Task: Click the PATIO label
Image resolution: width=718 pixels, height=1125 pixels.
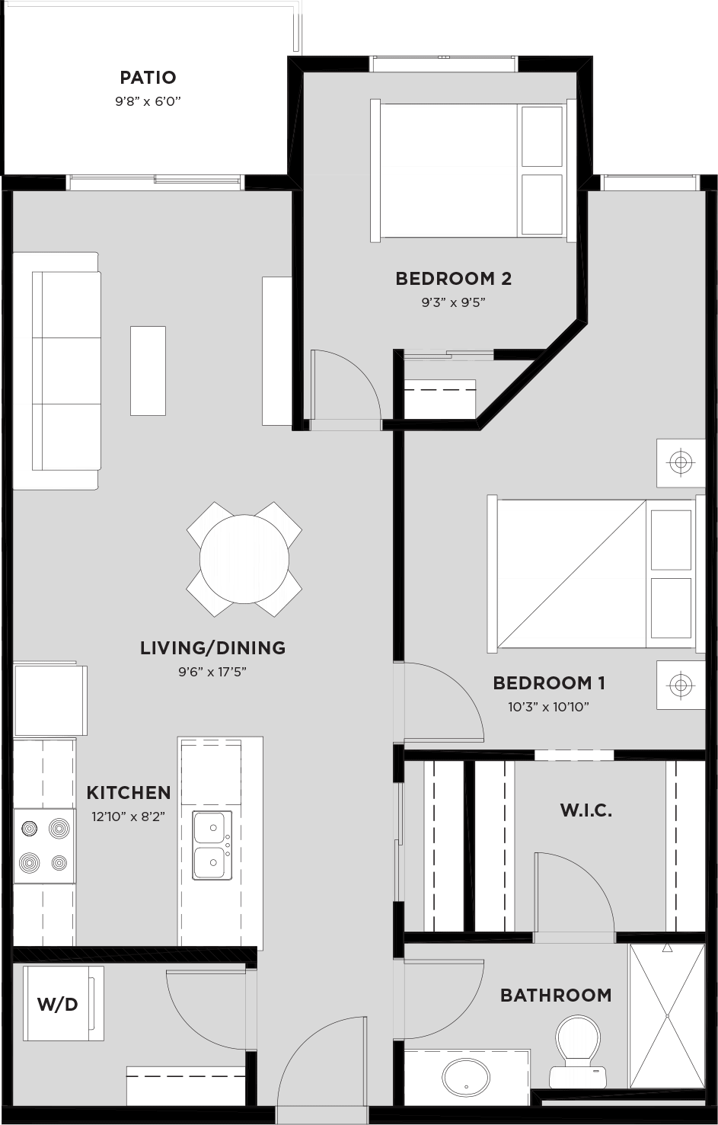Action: click(148, 77)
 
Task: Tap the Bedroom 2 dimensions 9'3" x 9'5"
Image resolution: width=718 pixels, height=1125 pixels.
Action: click(453, 302)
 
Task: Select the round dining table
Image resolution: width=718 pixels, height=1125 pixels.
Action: click(244, 559)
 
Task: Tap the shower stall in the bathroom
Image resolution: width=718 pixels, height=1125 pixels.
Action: click(667, 1015)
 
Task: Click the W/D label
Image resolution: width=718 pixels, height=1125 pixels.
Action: click(58, 1004)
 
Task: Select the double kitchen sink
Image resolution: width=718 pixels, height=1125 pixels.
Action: click(211, 845)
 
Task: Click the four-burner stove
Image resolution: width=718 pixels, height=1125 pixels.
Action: click(44, 845)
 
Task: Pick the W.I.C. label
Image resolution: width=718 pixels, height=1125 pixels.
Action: click(586, 810)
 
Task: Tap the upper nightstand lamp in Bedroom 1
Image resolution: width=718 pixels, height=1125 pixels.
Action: click(681, 462)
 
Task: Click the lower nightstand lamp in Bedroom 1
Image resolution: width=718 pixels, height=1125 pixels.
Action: click(681, 685)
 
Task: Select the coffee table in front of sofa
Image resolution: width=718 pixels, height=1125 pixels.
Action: click(148, 370)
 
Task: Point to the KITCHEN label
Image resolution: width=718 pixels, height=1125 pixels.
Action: click(128, 792)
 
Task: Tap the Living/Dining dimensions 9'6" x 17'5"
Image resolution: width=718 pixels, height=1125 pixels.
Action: click(212, 672)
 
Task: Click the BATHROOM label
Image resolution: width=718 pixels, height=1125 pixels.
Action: click(555, 995)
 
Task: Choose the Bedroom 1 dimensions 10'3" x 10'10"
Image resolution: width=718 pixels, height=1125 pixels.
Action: click(548, 707)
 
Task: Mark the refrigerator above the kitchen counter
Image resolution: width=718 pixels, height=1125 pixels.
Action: click(49, 700)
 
